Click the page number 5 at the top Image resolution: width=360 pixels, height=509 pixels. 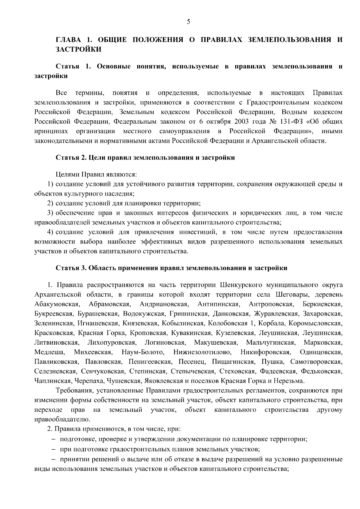pos(188,21)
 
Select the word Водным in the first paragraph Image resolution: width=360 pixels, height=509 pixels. pos(295,112)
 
